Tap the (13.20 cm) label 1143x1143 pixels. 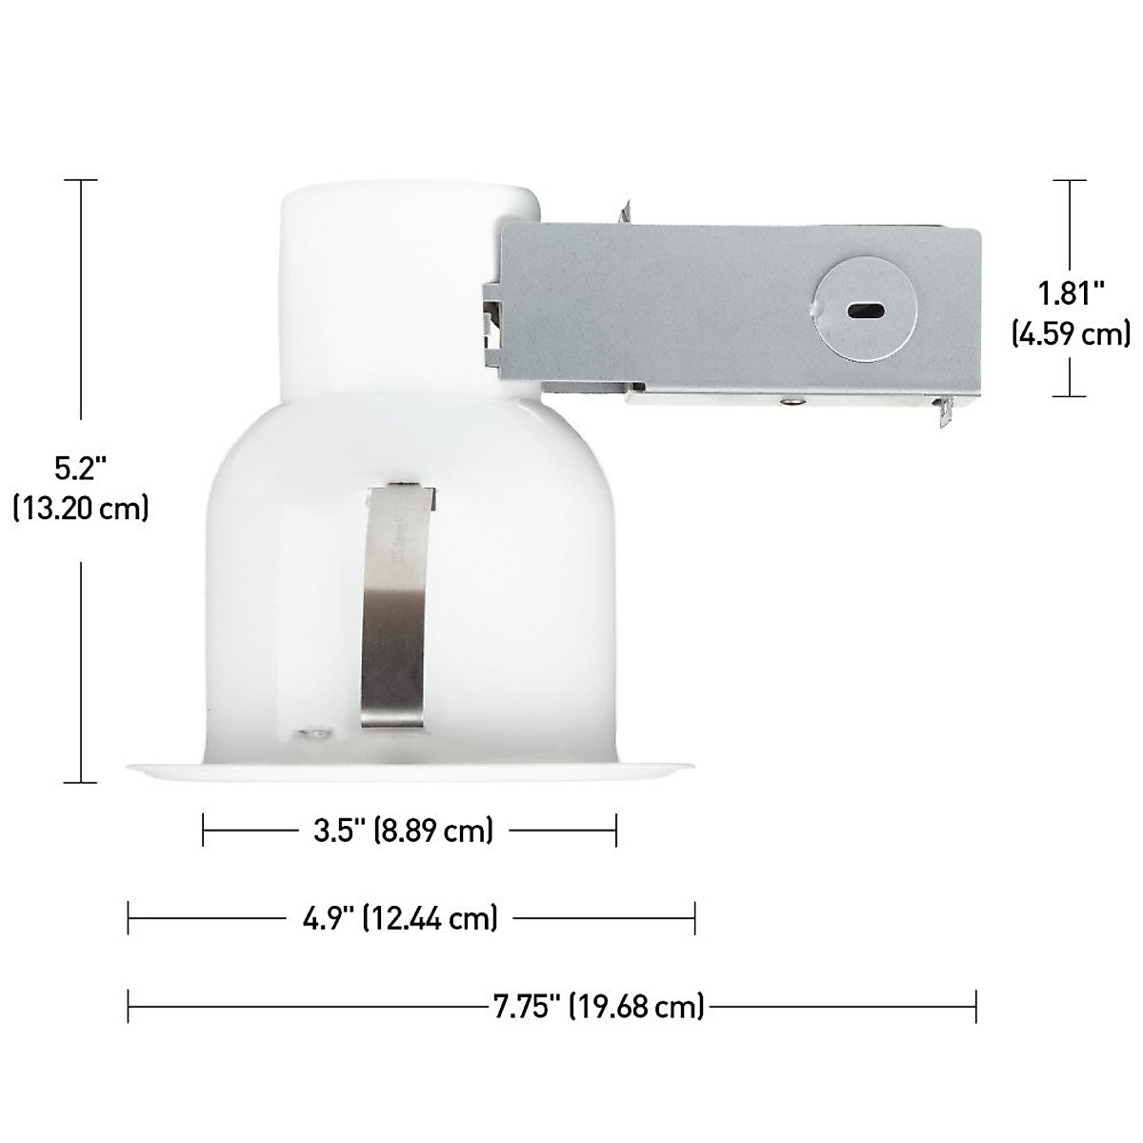click(81, 510)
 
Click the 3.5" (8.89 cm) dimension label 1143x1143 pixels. click(404, 831)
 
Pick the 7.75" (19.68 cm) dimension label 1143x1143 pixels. click(599, 1006)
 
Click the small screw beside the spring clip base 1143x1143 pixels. click(311, 733)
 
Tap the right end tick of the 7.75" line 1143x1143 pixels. click(976, 1006)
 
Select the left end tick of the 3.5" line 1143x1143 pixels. click(204, 831)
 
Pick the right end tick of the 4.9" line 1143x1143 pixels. click(695, 918)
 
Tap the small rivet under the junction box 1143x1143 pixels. click(789, 401)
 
